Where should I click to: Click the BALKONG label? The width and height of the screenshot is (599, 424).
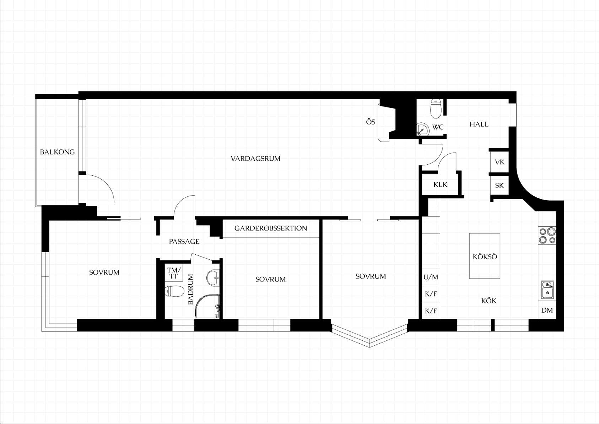pos(57,152)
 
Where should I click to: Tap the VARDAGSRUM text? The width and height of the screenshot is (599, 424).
pos(255,158)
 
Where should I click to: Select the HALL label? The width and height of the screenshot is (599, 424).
pos(479,124)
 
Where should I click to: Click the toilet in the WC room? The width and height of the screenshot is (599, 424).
pos(436,108)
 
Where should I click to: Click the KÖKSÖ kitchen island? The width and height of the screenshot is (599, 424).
pos(485,256)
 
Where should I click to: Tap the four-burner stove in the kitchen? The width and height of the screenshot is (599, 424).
pos(547,235)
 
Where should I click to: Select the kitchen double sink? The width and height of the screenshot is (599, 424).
pos(547,290)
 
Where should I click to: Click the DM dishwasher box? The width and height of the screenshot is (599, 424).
pos(547,310)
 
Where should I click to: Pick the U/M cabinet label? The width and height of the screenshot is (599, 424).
pos(431,277)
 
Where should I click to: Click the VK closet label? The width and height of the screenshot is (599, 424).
pos(500,162)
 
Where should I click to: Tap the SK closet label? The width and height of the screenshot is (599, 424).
pos(499,185)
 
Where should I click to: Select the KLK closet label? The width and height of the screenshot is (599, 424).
pos(441,184)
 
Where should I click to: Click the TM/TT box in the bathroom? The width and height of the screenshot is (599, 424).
pos(174,273)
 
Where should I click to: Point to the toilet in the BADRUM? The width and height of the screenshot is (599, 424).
pos(174,291)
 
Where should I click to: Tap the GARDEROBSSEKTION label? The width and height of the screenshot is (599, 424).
pos(271,228)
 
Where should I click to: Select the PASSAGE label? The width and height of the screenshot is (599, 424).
pos(184,242)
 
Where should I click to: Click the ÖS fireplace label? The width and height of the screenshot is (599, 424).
pos(371,122)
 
